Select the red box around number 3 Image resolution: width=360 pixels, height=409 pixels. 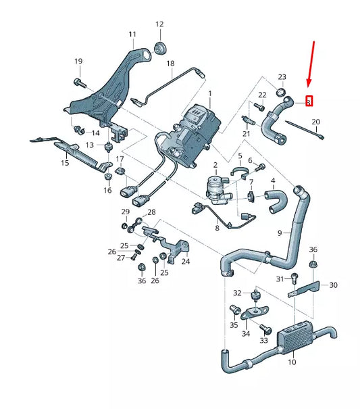pos(309,102)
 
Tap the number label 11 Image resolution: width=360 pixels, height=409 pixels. pos(132,34)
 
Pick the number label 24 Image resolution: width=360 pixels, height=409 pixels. pos(185,262)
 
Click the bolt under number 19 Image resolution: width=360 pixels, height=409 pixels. pos(78,83)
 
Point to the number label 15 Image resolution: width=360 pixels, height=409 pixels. pos(65,163)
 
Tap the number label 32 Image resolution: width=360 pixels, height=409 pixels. pos(237,293)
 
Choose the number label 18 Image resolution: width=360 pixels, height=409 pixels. pos(170,64)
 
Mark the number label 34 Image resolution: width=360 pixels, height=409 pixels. pos(245,333)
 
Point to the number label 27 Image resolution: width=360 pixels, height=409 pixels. pos(122,258)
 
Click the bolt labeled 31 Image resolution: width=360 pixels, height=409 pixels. pos(296,276)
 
